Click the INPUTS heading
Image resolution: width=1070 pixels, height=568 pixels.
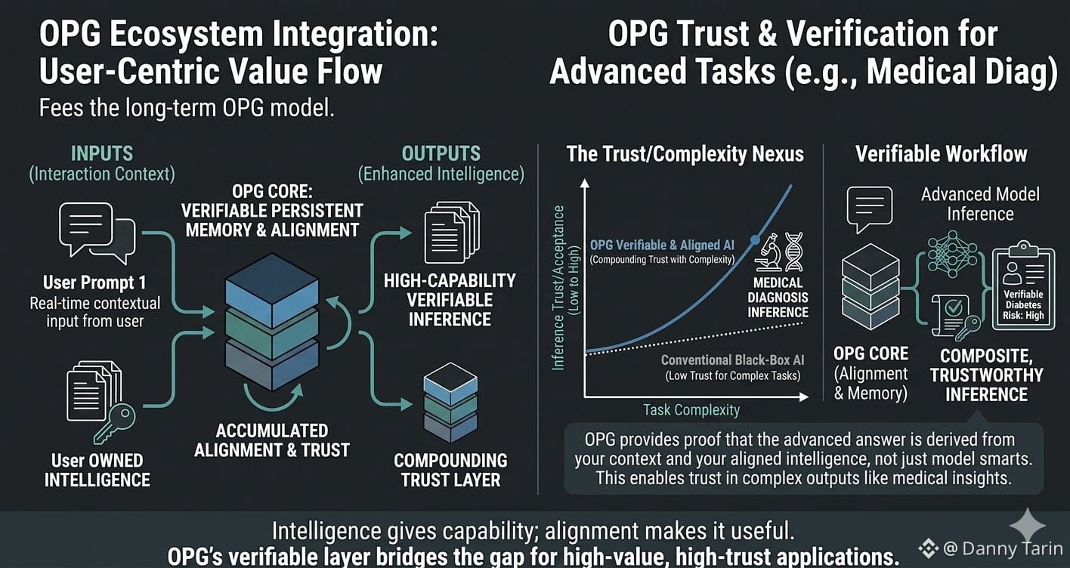[x=102, y=153]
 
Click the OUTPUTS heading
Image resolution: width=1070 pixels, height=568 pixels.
[x=441, y=153]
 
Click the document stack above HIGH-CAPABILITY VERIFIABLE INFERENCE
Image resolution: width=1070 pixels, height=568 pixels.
[x=452, y=232]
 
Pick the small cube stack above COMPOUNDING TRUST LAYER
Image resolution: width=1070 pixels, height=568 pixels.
[x=450, y=403]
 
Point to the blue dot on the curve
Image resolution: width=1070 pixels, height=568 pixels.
[x=755, y=239]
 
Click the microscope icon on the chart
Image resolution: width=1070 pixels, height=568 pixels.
[x=768, y=253]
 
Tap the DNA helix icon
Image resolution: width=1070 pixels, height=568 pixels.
[x=794, y=252]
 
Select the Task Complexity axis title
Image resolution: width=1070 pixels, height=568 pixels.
[x=691, y=410]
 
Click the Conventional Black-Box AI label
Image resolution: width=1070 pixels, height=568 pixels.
[x=732, y=360]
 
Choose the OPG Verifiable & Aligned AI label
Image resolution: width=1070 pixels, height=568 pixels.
[x=662, y=245]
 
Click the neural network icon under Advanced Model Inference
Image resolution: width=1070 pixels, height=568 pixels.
[x=952, y=255]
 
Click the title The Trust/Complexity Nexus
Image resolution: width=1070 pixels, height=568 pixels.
[x=685, y=154]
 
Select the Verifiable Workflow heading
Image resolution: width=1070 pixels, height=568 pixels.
[x=941, y=154]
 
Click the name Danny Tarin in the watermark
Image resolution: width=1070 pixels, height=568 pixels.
[x=1013, y=548]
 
